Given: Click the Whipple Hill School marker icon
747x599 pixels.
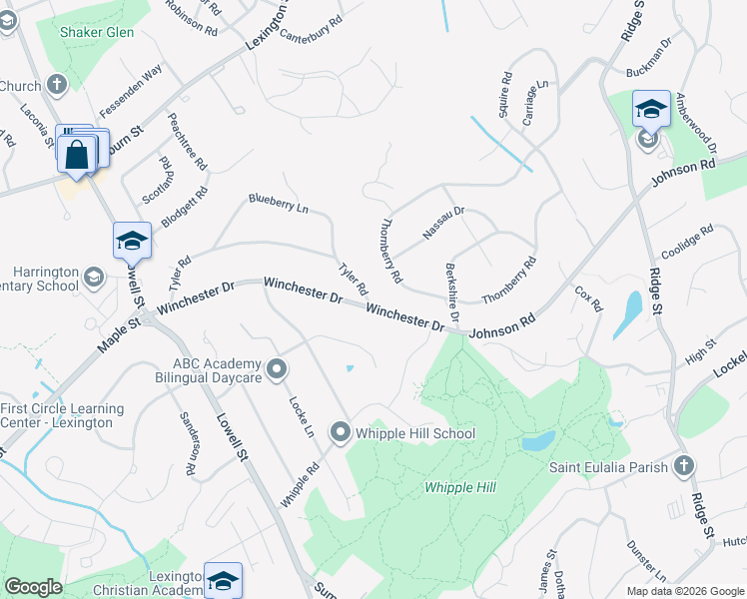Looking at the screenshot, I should click(x=341, y=433).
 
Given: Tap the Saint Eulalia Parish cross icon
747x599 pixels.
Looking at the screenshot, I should click(x=684, y=466).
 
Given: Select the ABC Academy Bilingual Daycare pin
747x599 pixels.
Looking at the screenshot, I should click(x=279, y=371).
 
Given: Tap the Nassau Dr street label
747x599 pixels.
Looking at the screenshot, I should click(x=443, y=223).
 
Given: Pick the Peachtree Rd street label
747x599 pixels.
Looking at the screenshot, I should click(x=189, y=141).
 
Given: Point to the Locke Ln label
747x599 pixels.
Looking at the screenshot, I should click(x=301, y=416).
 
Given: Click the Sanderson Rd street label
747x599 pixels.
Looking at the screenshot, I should click(x=186, y=441).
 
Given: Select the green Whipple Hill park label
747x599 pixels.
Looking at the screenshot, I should click(x=460, y=487).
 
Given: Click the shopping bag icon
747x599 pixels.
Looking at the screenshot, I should click(x=77, y=155).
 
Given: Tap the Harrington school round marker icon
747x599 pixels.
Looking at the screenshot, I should click(x=94, y=277).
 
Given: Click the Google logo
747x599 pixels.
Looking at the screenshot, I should click(x=34, y=587).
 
